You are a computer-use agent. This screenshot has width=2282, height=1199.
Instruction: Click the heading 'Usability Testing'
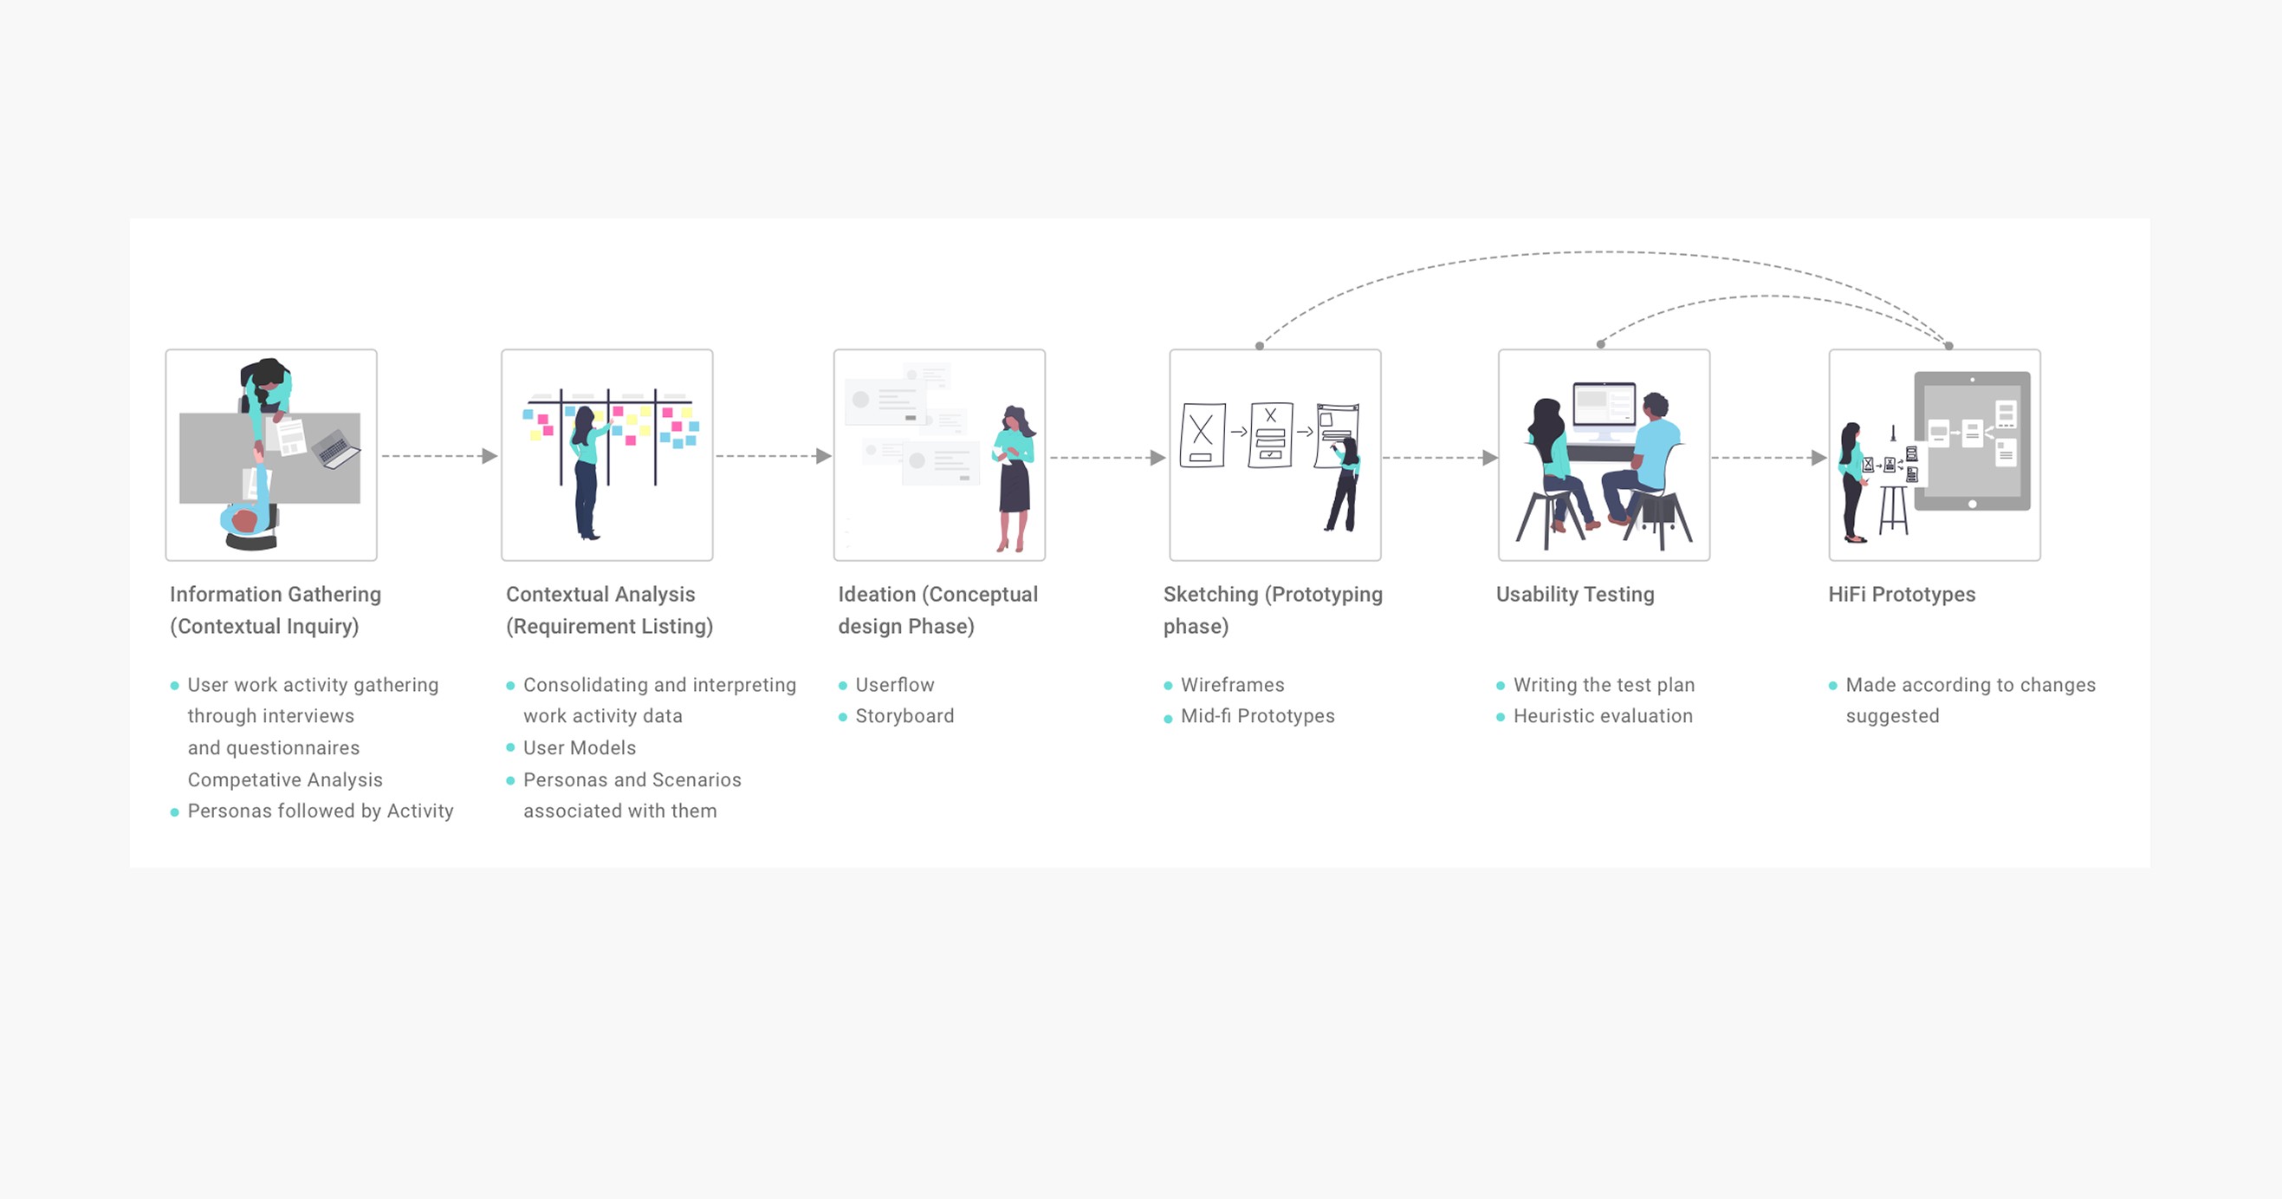(x=1574, y=595)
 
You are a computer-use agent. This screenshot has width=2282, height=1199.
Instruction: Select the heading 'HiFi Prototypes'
(x=1901, y=595)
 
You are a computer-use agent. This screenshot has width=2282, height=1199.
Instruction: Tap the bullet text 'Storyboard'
(x=904, y=716)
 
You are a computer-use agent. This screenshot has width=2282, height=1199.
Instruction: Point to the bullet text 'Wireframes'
(x=1231, y=685)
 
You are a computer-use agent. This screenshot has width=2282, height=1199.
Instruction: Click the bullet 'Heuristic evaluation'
(x=1603, y=716)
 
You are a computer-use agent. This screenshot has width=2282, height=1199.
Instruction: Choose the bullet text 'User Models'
(x=580, y=748)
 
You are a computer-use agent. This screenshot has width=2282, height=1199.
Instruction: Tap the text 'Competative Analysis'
(x=284, y=780)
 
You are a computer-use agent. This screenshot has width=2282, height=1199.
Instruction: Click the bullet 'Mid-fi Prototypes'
(x=1257, y=716)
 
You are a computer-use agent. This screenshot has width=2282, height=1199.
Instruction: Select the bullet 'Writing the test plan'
(x=1604, y=685)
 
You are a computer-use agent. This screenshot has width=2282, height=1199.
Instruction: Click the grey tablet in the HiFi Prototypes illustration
(x=1972, y=440)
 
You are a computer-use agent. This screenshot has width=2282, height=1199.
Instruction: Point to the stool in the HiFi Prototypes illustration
(x=1893, y=506)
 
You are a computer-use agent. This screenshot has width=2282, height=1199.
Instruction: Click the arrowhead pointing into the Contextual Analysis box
(x=489, y=456)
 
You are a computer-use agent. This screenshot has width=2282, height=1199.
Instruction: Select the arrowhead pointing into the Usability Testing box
(x=1489, y=458)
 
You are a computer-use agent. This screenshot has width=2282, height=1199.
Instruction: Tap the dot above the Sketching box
(x=1260, y=347)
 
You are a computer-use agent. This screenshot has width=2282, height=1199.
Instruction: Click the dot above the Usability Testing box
(x=1601, y=344)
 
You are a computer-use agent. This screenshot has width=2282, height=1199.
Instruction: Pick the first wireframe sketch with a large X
(x=1203, y=434)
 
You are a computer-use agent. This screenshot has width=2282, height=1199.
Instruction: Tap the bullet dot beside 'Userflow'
(x=842, y=686)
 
